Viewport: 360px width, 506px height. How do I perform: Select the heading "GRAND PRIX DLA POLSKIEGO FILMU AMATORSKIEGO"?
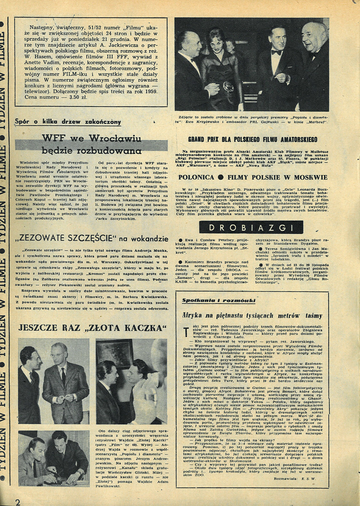pyautogui.click(x=253, y=139)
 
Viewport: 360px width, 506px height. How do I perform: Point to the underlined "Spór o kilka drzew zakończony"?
pyautogui.click(x=68, y=123)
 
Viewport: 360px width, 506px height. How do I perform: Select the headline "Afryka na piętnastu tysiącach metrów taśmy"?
pyautogui.click(x=252, y=315)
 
